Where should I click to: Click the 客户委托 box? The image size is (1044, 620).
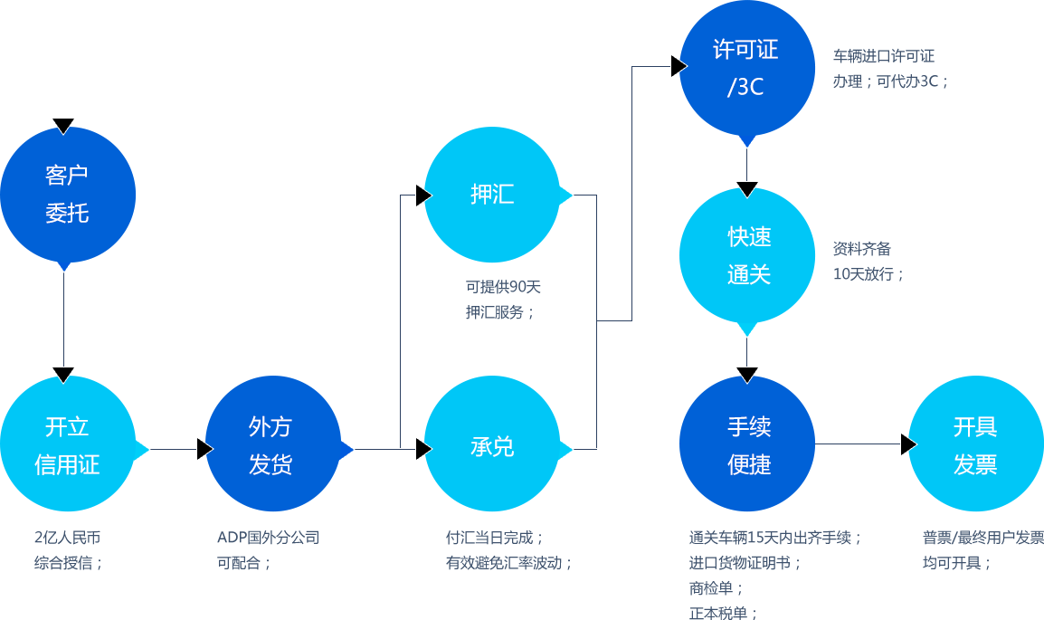pyautogui.click(x=68, y=195)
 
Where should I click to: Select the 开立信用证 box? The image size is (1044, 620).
pyautogui.click(x=68, y=444)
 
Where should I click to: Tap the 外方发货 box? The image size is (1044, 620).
pyautogui.click(x=272, y=444)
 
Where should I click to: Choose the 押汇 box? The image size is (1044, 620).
pyautogui.click(x=491, y=195)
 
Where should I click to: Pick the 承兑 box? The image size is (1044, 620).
pyautogui.click(x=491, y=444)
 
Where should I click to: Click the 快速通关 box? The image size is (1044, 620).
pyautogui.click(x=746, y=255)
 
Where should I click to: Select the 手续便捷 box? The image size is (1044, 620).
pyautogui.click(x=746, y=444)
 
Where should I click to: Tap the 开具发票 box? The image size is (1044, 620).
pyautogui.click(x=974, y=444)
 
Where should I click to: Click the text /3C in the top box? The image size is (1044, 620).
pyautogui.click(x=745, y=88)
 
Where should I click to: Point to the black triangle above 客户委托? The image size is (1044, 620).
pyautogui.click(x=63, y=125)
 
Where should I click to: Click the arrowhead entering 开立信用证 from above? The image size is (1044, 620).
pyautogui.click(x=63, y=374)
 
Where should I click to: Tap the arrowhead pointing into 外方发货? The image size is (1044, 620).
pyautogui.click(x=204, y=449)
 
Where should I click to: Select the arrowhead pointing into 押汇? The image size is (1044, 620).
pyautogui.click(x=423, y=196)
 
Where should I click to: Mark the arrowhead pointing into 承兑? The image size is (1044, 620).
pyautogui.click(x=423, y=449)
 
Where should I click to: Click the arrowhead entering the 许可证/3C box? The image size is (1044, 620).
pyautogui.click(x=679, y=66)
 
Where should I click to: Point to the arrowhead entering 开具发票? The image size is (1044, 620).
pyautogui.click(x=907, y=444)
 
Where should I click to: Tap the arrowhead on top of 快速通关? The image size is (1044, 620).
pyautogui.click(x=746, y=189)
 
